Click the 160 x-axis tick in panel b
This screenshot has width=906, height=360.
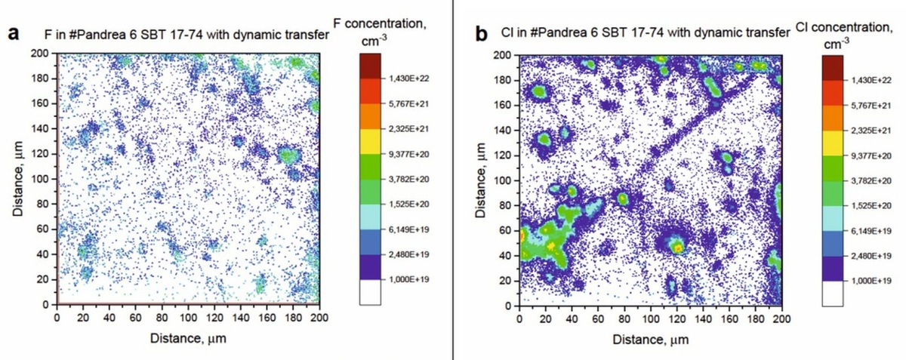click(729, 318)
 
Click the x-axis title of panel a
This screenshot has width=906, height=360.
click(188, 337)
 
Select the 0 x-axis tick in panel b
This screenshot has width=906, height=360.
click(519, 318)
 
